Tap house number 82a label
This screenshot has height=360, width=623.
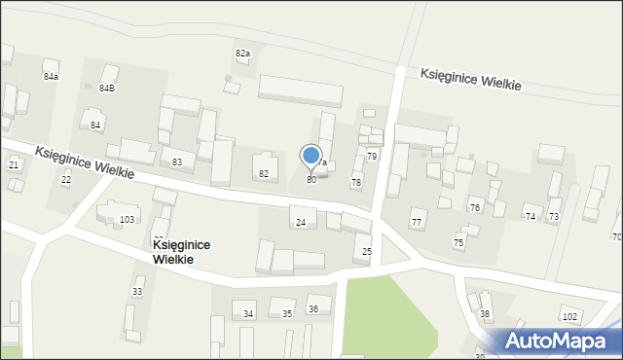pyautogui.click(x=242, y=53)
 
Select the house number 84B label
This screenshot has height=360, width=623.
pyautogui.click(x=107, y=88)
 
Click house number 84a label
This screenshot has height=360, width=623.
pyautogui.click(x=51, y=76)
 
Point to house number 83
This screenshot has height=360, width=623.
pyautogui.click(x=177, y=162)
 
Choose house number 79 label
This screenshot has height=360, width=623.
pyautogui.click(x=371, y=156)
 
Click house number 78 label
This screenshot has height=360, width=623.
pyautogui.click(x=356, y=182)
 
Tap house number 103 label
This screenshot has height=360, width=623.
pyautogui.click(x=127, y=220)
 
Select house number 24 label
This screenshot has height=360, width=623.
pyautogui.click(x=301, y=223)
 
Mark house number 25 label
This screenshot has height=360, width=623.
pyautogui.click(x=367, y=252)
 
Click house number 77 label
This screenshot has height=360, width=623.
pyautogui.click(x=417, y=223)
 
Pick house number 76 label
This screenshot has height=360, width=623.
pyautogui.click(x=475, y=208)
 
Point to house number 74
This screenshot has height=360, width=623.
pyautogui.click(x=531, y=217)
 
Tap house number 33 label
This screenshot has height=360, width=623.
pyautogui.click(x=137, y=291)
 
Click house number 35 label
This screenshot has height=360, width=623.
pyautogui.click(x=287, y=313)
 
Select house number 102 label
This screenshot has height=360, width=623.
pyautogui.click(x=569, y=317)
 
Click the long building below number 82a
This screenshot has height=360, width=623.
pyautogui.click(x=300, y=90)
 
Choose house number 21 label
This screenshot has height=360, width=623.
pyautogui.click(x=14, y=164)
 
